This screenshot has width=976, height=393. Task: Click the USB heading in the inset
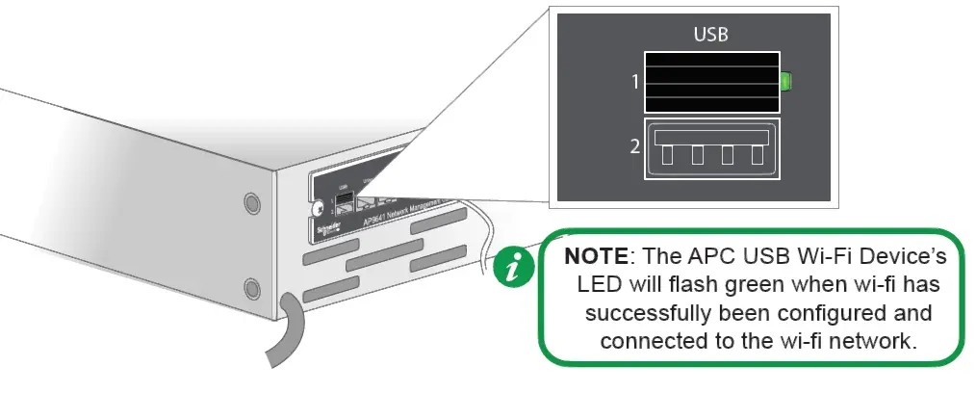click(x=710, y=35)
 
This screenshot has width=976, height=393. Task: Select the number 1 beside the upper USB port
click(x=634, y=82)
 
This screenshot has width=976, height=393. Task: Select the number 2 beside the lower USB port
click(x=634, y=147)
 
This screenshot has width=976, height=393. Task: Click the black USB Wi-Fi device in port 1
click(x=710, y=82)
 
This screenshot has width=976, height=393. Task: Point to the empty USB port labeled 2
click(x=710, y=148)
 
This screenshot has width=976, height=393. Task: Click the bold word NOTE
click(x=595, y=258)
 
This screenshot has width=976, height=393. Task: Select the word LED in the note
click(x=599, y=286)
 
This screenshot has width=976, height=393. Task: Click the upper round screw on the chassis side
click(x=251, y=202)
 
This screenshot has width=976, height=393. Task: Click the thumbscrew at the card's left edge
click(x=318, y=205)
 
